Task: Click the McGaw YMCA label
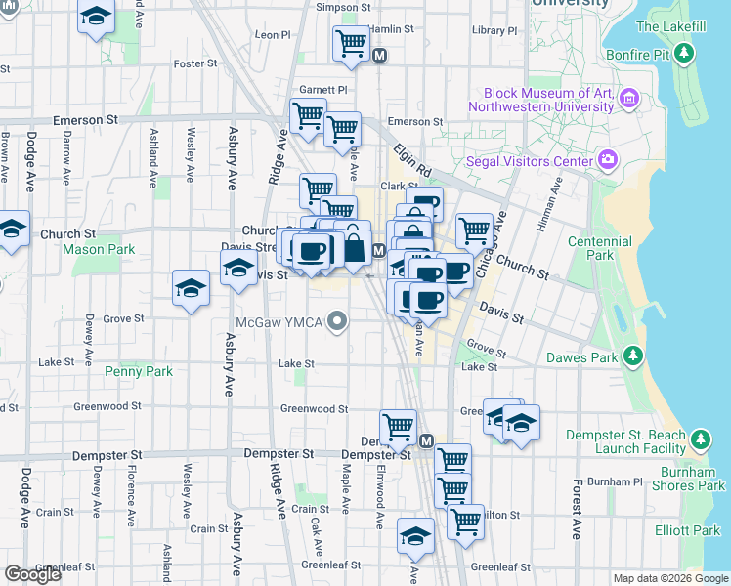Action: click(280, 321)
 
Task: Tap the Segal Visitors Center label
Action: click(537, 160)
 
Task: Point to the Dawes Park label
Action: click(589, 357)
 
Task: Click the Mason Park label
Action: click(99, 249)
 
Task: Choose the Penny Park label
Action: click(139, 371)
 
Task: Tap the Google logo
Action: click(33, 574)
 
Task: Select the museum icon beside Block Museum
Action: click(628, 99)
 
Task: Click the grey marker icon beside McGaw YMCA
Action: click(338, 320)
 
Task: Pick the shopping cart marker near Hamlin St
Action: click(351, 43)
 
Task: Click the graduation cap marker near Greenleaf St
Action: click(415, 536)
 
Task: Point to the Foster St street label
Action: click(194, 63)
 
